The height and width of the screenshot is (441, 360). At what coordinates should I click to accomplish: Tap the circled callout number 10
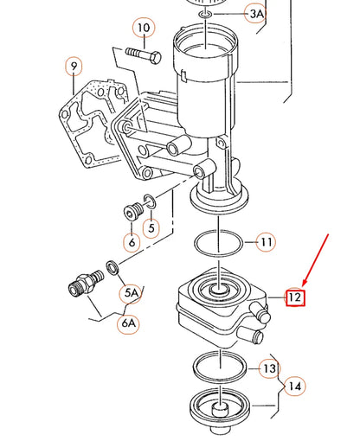pyautogui.click(x=144, y=29)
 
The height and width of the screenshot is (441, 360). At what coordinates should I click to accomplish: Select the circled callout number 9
pyautogui.click(x=74, y=66)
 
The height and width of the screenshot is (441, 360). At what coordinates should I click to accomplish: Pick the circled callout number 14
pyautogui.click(x=295, y=387)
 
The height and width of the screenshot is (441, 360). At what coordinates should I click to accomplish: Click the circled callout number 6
pyautogui.click(x=132, y=243)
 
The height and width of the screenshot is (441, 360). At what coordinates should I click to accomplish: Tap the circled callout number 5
pyautogui.click(x=151, y=228)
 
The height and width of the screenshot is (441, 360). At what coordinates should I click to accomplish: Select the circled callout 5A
pyautogui.click(x=131, y=293)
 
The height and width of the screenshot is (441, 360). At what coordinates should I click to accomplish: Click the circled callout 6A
pyautogui.click(x=129, y=323)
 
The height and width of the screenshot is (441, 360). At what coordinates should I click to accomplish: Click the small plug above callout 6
pyautogui.click(x=132, y=212)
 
